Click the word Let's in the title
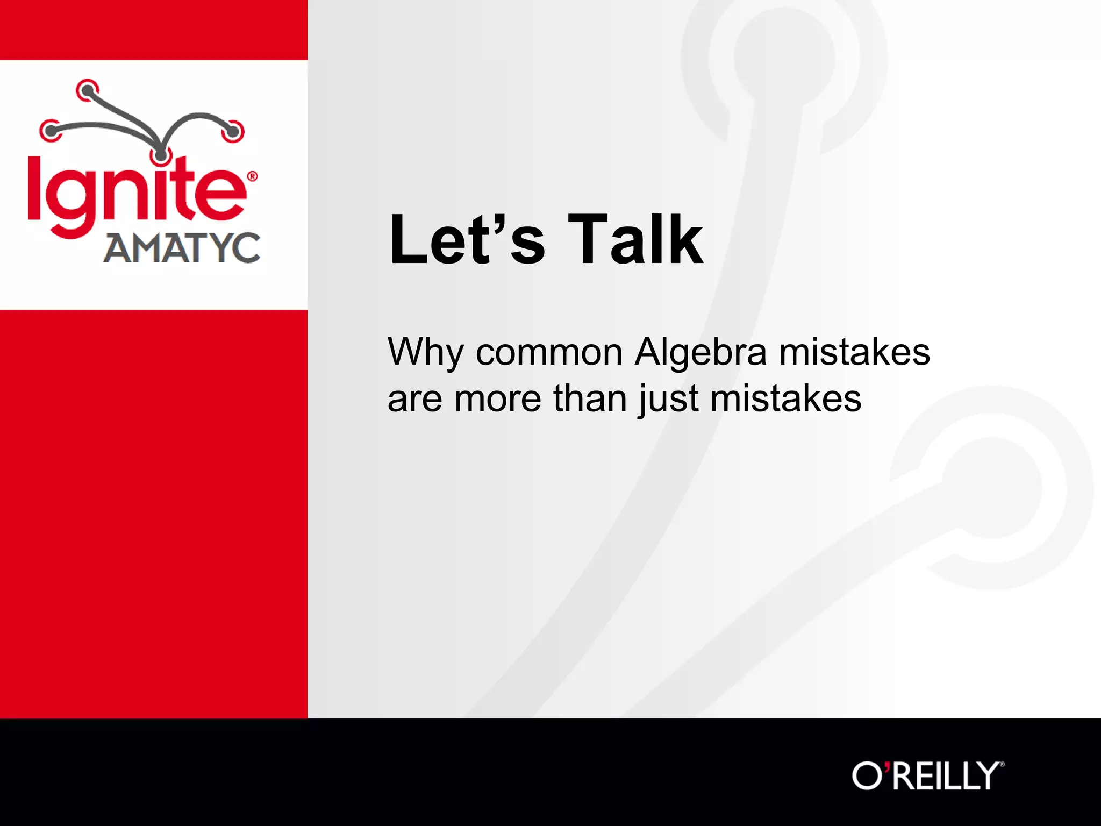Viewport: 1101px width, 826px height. tap(467, 239)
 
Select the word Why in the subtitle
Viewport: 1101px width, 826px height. tap(425, 353)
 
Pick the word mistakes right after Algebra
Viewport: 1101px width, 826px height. tap(854, 353)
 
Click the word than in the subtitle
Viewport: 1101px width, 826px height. tap(590, 399)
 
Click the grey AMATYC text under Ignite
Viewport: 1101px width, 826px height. tap(182, 248)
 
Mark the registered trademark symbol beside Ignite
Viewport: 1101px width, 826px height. tap(252, 176)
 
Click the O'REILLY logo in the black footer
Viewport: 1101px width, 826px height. tap(927, 776)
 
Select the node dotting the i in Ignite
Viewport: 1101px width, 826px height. tap(160, 156)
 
